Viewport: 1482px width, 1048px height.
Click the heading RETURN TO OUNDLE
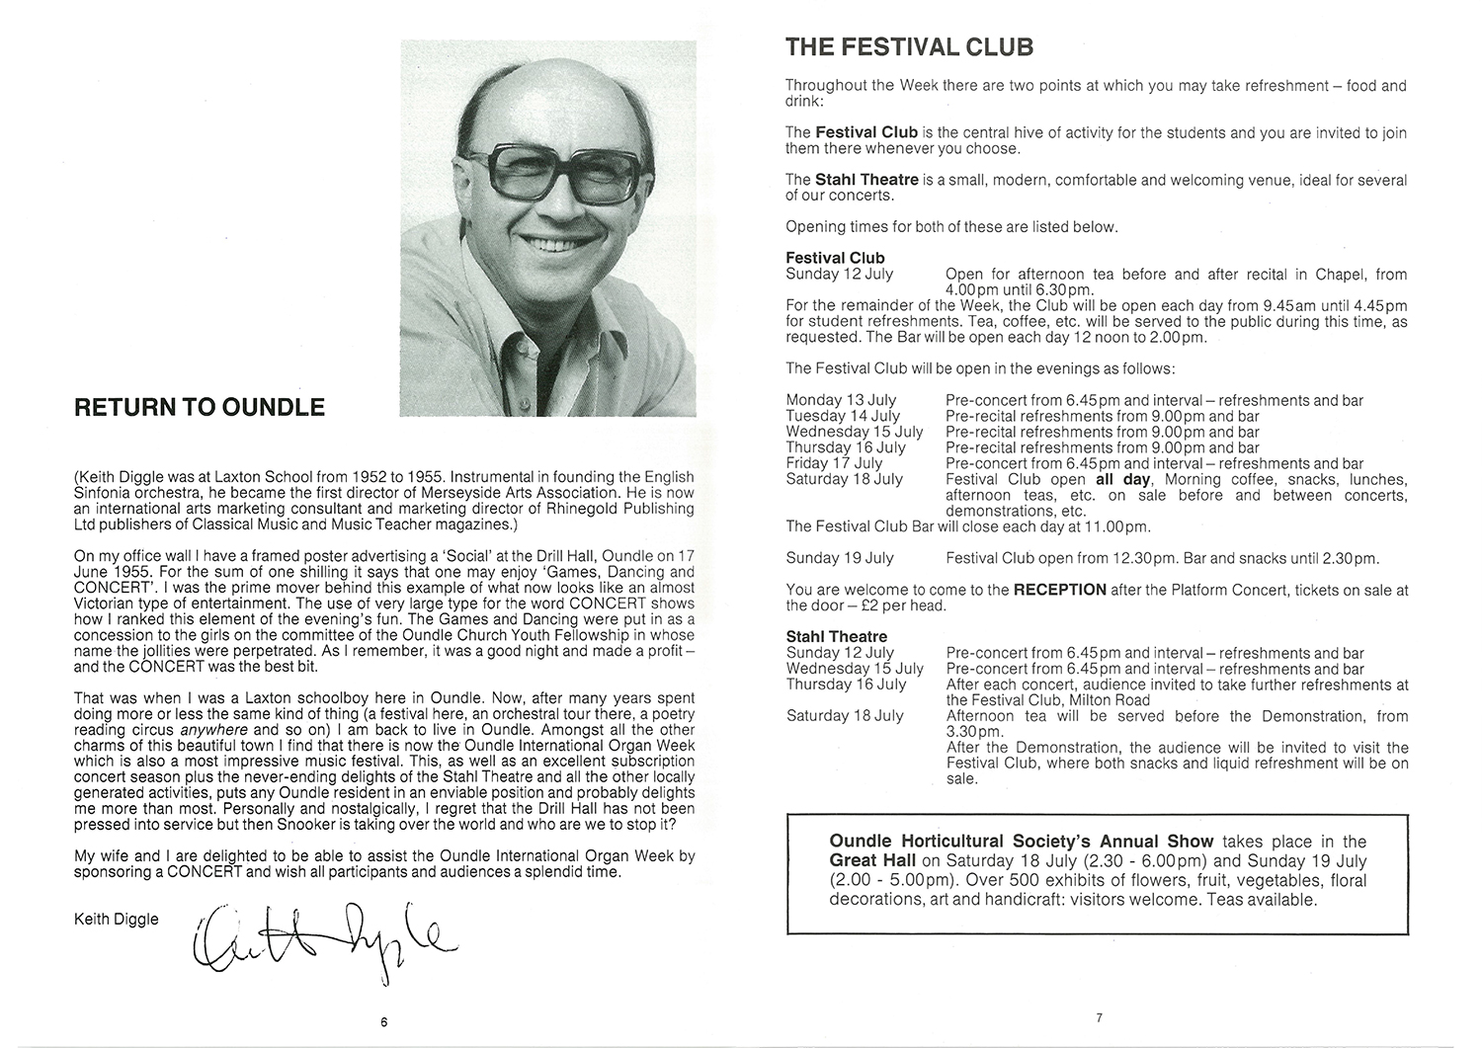tap(200, 407)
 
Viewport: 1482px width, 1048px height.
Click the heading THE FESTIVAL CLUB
tap(909, 46)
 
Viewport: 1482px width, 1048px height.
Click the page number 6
tap(383, 1021)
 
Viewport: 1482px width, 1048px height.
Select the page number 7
tap(1098, 1016)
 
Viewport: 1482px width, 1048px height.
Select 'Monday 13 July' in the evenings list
tap(841, 400)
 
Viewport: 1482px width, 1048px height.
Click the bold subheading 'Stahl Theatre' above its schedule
tap(836, 637)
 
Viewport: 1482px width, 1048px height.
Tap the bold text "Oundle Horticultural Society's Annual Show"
tap(1022, 842)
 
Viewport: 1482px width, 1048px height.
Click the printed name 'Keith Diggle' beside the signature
tap(117, 920)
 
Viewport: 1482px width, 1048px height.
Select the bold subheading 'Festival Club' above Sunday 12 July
tap(835, 259)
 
